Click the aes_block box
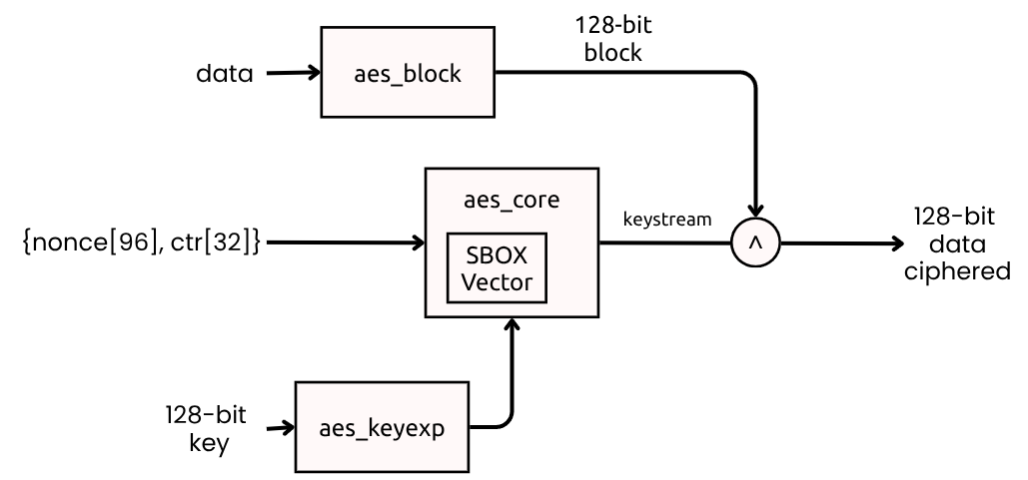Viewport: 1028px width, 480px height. pos(408,72)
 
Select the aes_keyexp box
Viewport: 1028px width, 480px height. pos(383,427)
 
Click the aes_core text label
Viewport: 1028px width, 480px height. pos(512,200)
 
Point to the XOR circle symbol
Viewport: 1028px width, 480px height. pos(756,241)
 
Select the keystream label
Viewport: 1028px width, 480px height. pos(668,219)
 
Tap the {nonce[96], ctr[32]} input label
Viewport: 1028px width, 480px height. pos(141,241)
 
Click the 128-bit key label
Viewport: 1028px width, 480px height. pos(207,427)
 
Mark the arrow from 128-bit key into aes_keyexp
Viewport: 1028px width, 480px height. pos(280,427)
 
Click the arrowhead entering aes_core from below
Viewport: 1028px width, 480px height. pos(513,326)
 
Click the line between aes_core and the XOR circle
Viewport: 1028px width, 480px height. pos(664,241)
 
